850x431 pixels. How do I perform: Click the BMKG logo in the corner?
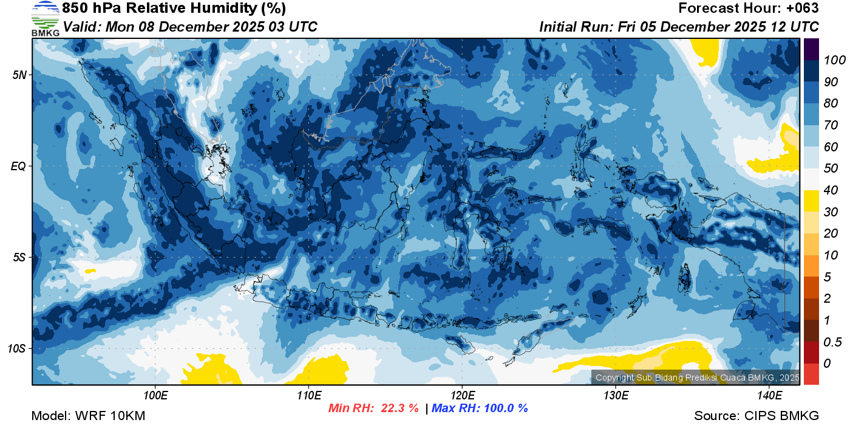45,18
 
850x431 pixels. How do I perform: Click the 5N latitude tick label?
19,75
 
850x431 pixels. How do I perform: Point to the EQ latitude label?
19,166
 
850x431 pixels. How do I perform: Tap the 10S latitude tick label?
17,349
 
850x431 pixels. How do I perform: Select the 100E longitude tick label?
155,395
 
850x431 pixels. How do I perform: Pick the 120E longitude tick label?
462,395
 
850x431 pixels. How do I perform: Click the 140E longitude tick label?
769,395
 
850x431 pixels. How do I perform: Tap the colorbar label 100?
830,60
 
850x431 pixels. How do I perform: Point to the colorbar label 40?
827,190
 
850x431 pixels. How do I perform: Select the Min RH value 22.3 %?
399,409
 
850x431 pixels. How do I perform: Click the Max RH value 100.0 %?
504,409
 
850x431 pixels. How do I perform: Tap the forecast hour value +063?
800,9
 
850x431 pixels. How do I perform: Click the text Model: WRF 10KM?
88,416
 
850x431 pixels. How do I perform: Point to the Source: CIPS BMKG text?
756,416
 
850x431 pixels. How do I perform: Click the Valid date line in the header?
190,27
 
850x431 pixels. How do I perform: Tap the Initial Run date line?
679,27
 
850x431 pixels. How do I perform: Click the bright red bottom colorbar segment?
811,374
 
